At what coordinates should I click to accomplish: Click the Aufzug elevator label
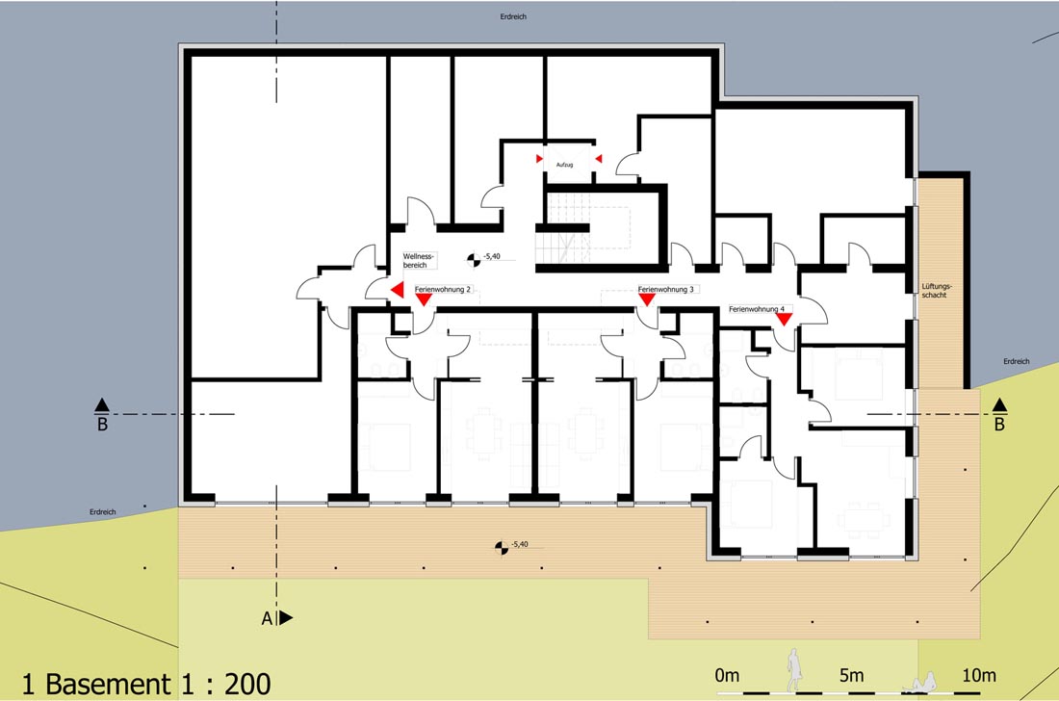pyautogui.click(x=564, y=165)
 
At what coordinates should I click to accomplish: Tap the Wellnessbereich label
pyautogui.click(x=419, y=261)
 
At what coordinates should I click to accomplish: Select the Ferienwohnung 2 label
pyautogui.click(x=443, y=289)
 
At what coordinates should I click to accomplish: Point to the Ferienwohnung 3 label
pyautogui.click(x=666, y=289)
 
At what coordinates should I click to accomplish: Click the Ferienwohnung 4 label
pyautogui.click(x=757, y=309)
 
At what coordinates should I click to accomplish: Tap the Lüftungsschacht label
pyautogui.click(x=936, y=291)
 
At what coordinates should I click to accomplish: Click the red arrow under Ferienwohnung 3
pyautogui.click(x=647, y=299)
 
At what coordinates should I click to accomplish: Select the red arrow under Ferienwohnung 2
pyautogui.click(x=424, y=299)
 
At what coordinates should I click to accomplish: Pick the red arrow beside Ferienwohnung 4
pyautogui.click(x=784, y=320)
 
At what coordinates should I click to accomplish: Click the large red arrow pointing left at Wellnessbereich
pyautogui.click(x=398, y=290)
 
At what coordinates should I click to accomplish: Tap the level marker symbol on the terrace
pyautogui.click(x=502, y=547)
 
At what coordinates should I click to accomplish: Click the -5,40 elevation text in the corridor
pyautogui.click(x=492, y=257)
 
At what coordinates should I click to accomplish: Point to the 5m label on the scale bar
pyautogui.click(x=851, y=675)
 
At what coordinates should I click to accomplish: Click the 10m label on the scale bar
pyautogui.click(x=979, y=675)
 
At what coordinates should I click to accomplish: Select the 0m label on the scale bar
pyautogui.click(x=728, y=675)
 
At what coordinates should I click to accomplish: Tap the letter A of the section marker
pyautogui.click(x=268, y=618)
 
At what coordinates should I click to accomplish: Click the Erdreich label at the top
pyautogui.click(x=513, y=16)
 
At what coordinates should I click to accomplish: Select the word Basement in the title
pyautogui.click(x=108, y=684)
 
